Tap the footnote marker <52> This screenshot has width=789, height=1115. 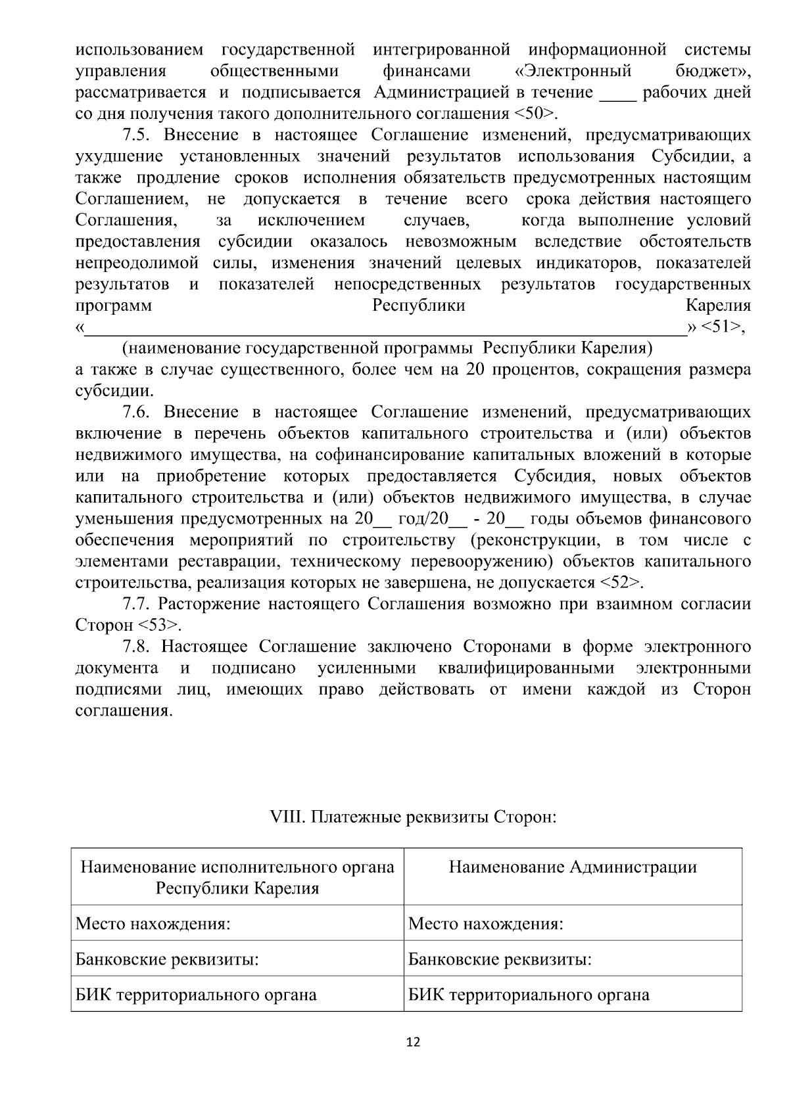pos(617,582)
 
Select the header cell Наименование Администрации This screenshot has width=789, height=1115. pos(572,867)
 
